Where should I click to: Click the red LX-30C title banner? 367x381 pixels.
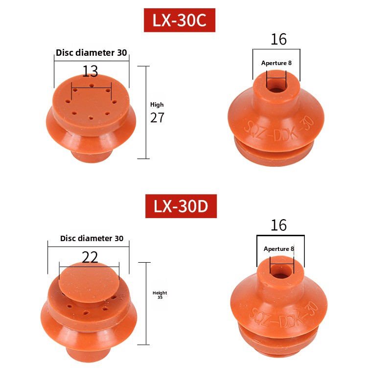pyautogui.click(x=180, y=20)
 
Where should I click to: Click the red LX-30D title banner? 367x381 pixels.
pyautogui.click(x=181, y=206)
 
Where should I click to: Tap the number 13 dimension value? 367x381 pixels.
pyautogui.click(x=90, y=71)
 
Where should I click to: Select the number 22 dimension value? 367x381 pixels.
pyautogui.click(x=90, y=257)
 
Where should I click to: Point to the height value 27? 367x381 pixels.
pyautogui.click(x=157, y=117)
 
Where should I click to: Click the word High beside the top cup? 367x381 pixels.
pyautogui.click(x=157, y=105)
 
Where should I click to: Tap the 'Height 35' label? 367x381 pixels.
pyautogui.click(x=160, y=295)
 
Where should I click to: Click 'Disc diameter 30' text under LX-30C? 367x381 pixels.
pyautogui.click(x=92, y=53)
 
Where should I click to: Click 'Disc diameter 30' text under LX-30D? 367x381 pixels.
pyautogui.click(x=92, y=238)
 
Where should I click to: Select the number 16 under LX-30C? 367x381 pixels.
pyautogui.click(x=278, y=39)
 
